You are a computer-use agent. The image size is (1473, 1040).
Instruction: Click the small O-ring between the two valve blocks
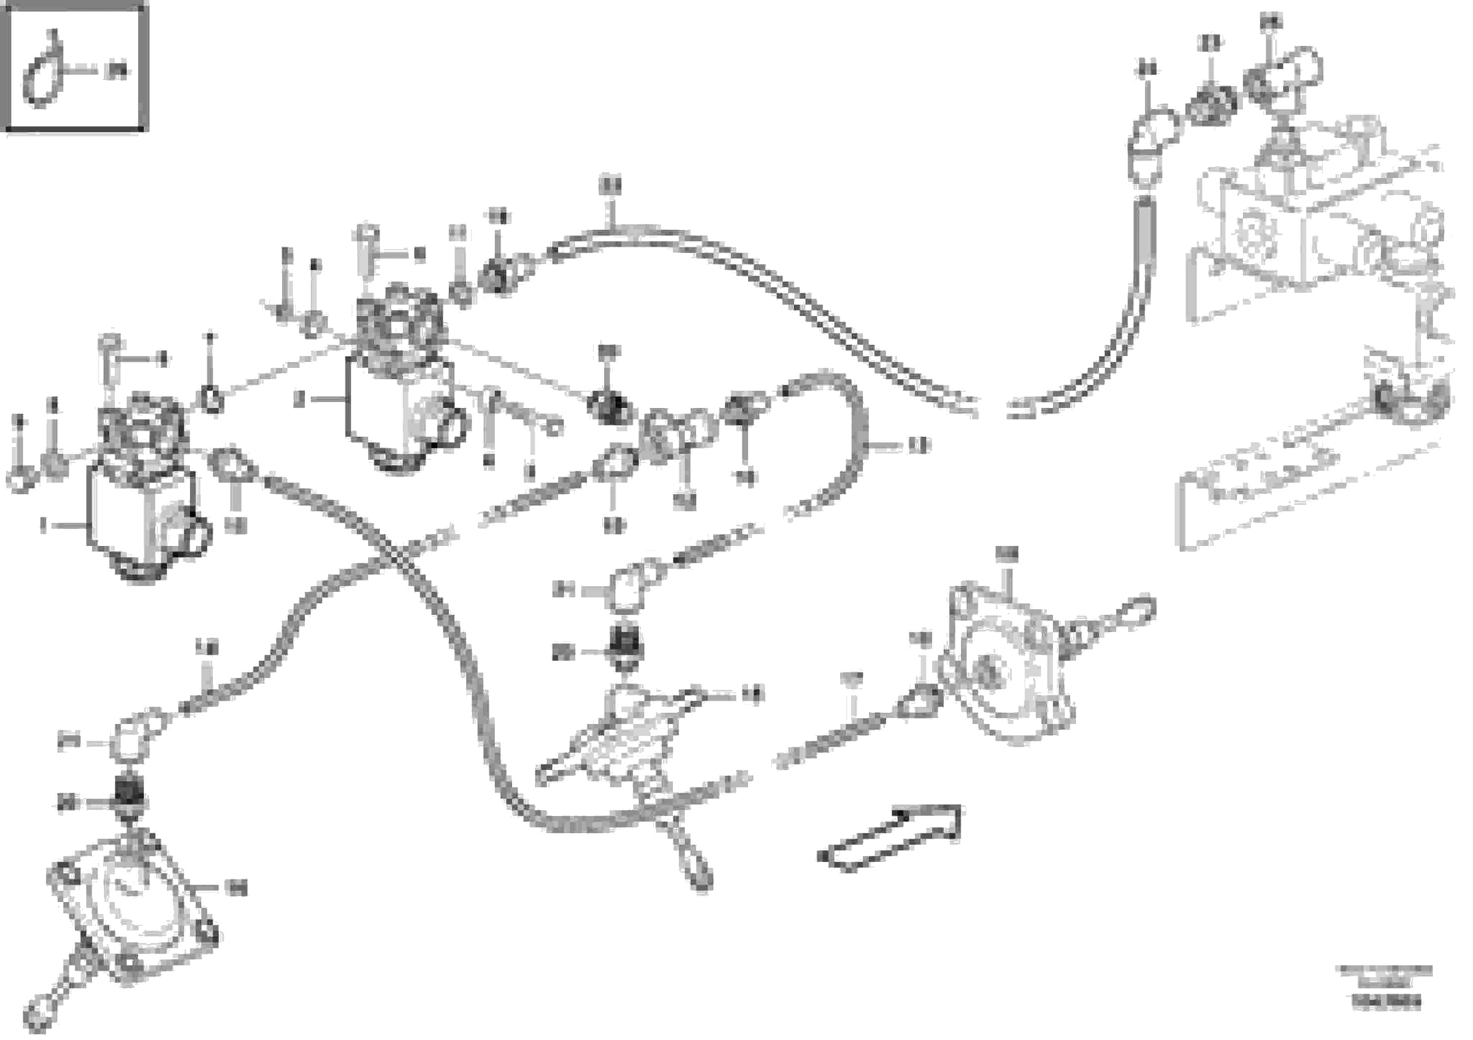coord(212,401)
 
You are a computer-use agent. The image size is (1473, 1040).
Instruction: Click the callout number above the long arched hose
coord(610,186)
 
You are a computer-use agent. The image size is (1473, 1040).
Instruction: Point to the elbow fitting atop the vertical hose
coord(1151,138)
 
